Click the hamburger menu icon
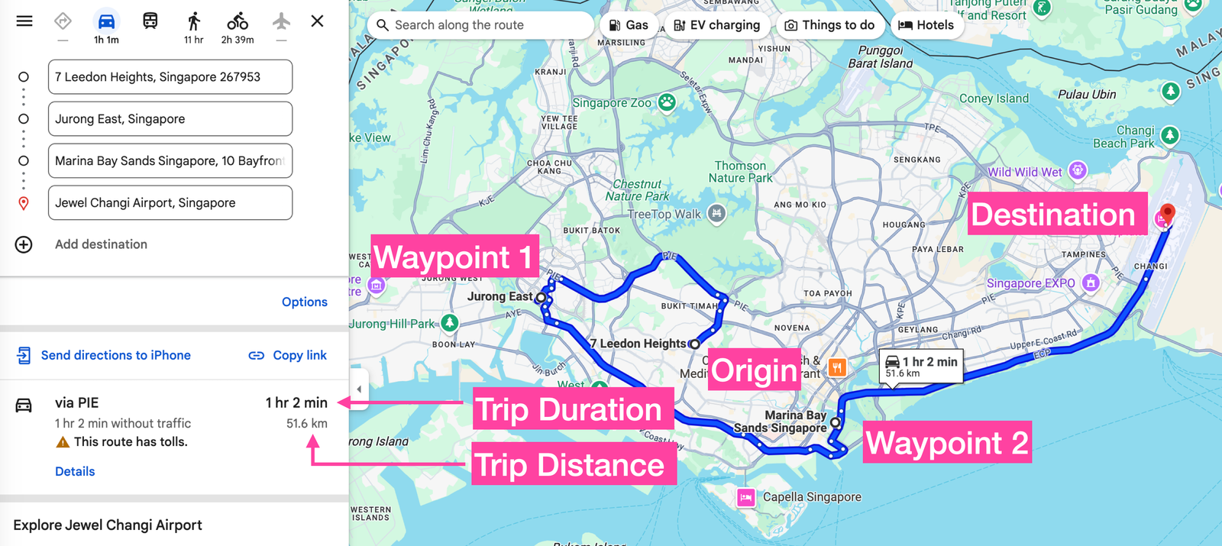pos(24,21)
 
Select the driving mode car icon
pos(106,21)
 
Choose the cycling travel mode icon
pos(238,21)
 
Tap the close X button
pos(317,21)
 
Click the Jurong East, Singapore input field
pos(170,119)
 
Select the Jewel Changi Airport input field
pos(170,203)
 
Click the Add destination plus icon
pos(24,244)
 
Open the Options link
pos(304,302)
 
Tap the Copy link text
pos(299,355)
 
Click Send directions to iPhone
pos(115,355)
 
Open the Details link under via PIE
pos(75,471)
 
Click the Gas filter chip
pos(629,25)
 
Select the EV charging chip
pos(717,25)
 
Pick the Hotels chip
pos(926,25)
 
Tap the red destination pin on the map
pos(1167,212)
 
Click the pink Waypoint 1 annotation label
pos(454,257)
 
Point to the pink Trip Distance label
pos(570,465)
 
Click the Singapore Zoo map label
pos(613,103)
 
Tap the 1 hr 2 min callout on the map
pos(921,366)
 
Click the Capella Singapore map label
pos(811,497)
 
